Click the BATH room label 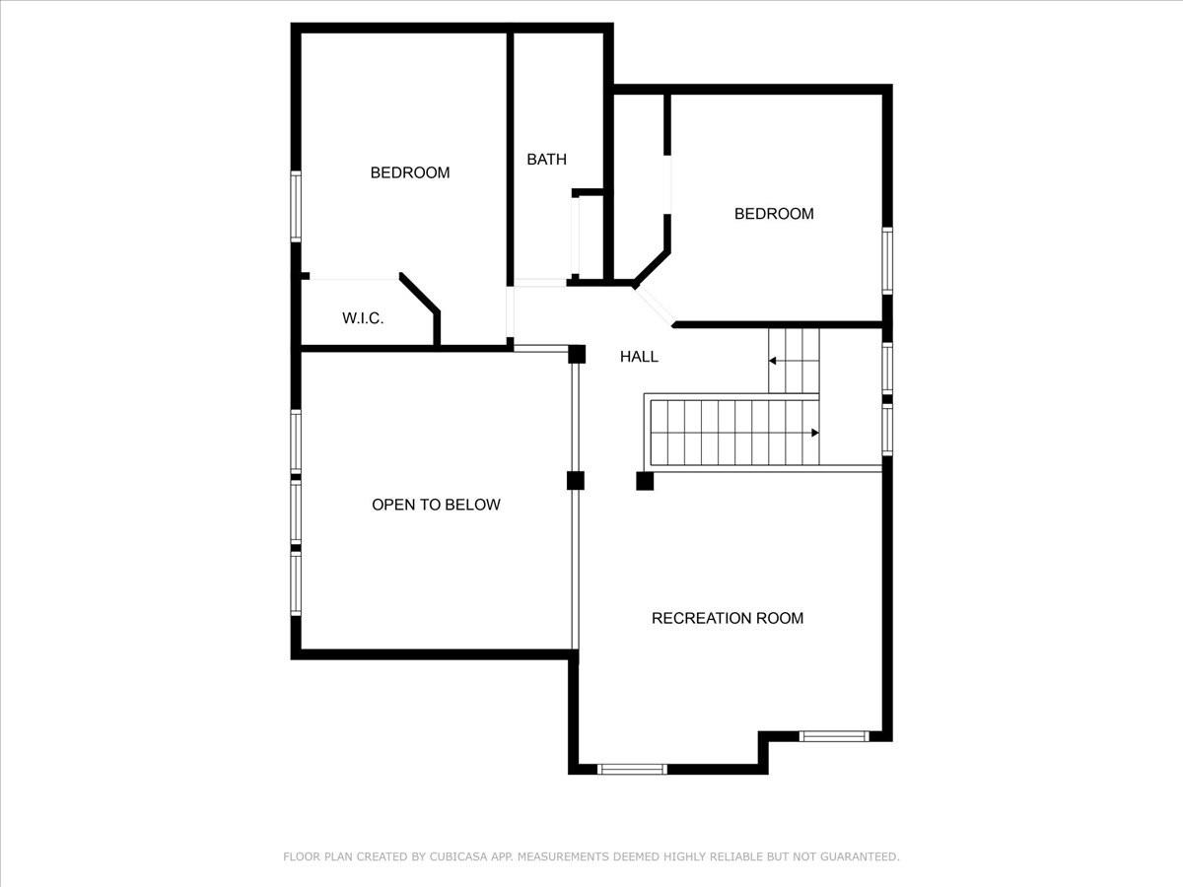[x=546, y=160]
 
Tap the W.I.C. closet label [x=363, y=318]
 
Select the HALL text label [x=639, y=357]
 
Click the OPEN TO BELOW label [x=436, y=505]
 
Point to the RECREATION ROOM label [x=728, y=618]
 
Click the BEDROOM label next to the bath [x=410, y=172]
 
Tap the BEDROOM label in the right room [x=774, y=214]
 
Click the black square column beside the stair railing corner [x=645, y=481]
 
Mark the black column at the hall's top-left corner [x=577, y=355]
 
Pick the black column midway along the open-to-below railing [x=576, y=481]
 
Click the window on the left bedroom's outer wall [x=296, y=206]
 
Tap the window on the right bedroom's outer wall [x=887, y=260]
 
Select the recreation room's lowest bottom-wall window [x=632, y=769]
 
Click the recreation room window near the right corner [x=834, y=736]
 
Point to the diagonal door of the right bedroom [x=655, y=306]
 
